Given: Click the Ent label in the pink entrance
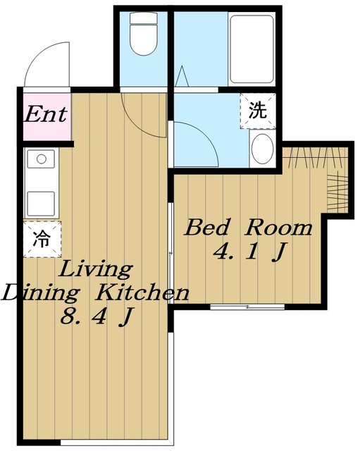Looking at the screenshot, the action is pos(45,114).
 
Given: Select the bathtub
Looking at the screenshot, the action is pos(252,49).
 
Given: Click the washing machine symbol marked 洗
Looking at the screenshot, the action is pos(258,111).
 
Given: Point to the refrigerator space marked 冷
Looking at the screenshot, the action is pos(42,239).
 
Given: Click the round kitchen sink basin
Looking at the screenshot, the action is pos(42,159).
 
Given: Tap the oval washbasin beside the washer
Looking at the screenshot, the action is pos(263,149).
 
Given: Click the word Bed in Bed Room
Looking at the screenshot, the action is pos(207,228).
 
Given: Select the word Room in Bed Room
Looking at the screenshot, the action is pos(278,228).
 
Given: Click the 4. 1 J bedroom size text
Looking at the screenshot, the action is pos(250,252).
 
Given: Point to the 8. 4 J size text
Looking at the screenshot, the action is pos(97,316).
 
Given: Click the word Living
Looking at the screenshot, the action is pos(96,270).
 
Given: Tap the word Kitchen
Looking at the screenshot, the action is pos(142,293).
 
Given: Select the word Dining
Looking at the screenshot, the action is pos(40,294).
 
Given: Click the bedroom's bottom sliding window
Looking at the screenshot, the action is pos(247,307).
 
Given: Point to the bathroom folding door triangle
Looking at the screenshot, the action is pos(182,76).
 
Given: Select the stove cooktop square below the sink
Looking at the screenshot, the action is pos(42,203).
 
